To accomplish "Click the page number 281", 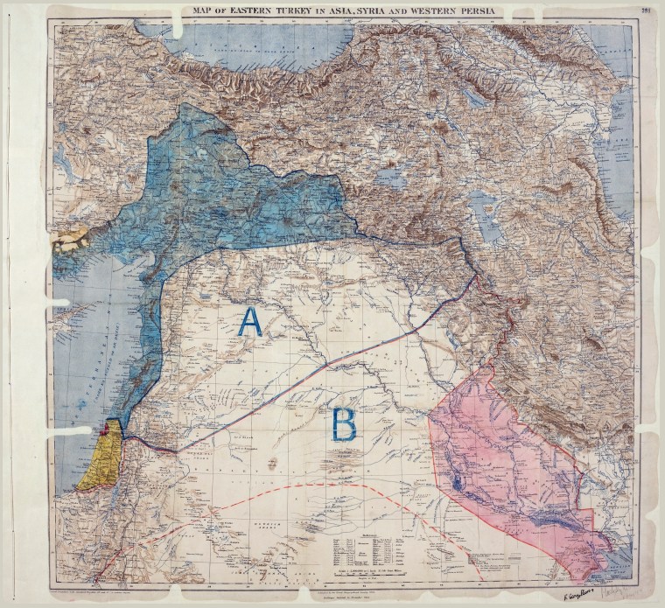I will (646, 11).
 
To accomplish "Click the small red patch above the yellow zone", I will (110, 429).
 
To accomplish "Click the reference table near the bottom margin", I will (367, 550).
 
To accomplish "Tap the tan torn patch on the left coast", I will (72, 237).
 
